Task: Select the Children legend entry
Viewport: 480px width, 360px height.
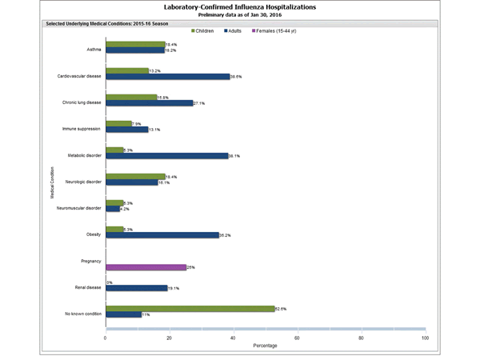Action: (210, 31)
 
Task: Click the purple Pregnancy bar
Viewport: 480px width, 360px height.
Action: (146, 267)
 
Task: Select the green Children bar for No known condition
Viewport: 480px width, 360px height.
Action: (190, 308)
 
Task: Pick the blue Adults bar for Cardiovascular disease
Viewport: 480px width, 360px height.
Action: (167, 77)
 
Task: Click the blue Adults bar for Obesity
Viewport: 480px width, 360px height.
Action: (162, 235)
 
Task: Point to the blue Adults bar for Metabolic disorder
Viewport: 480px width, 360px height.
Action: (166, 156)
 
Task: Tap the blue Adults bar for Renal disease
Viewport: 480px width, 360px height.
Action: (136, 288)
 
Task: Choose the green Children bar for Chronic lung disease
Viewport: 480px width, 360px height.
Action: (131, 97)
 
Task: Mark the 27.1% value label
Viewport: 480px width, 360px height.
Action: (199, 103)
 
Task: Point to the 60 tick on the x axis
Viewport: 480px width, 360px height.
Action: (297, 338)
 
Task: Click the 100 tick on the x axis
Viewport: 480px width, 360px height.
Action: (425, 338)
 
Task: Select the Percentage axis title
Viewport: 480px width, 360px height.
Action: (266, 347)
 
